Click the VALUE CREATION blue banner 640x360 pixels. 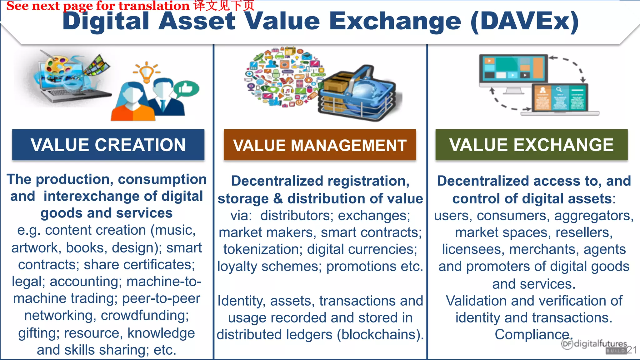pos(108,145)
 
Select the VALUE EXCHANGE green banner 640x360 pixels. pos(531,145)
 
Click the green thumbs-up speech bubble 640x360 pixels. pos(187,89)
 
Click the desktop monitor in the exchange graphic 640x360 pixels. pos(514,70)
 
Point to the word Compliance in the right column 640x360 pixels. pos(533,334)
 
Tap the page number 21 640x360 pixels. pos(632,350)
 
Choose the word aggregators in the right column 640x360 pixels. pos(594,216)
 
